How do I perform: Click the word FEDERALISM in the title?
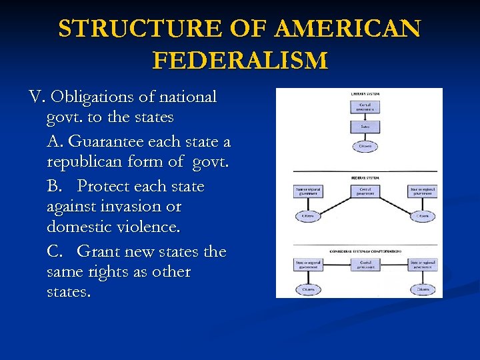[240, 61]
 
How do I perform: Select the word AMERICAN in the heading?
[347, 29]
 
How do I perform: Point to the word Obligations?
[95, 97]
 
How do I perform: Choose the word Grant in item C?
[97, 252]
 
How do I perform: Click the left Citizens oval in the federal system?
[308, 217]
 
